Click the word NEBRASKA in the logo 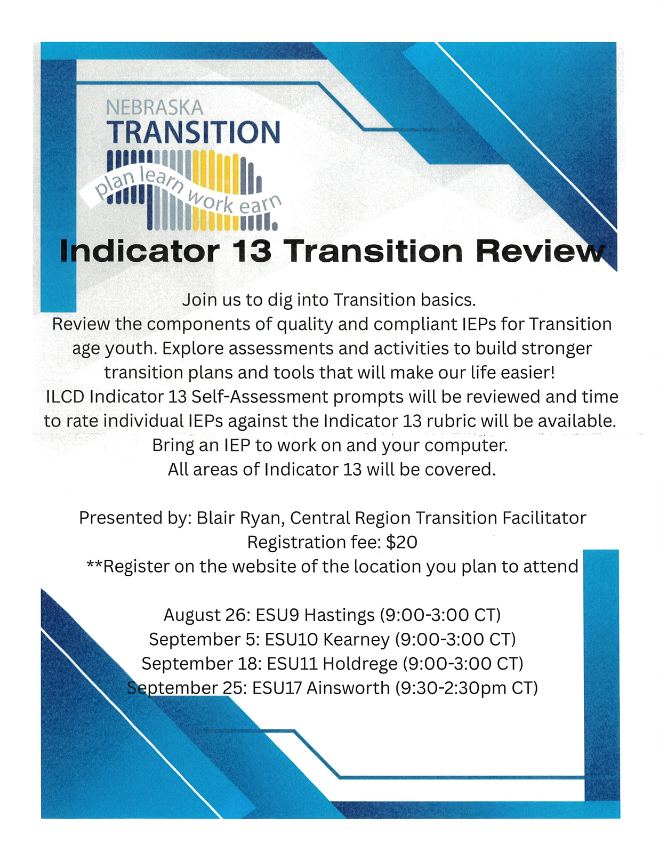[x=155, y=108]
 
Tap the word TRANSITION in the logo [x=194, y=132]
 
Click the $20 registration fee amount [x=401, y=542]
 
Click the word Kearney [x=356, y=639]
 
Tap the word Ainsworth [x=348, y=688]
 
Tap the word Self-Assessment [x=260, y=397]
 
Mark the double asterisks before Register [x=94, y=564]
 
